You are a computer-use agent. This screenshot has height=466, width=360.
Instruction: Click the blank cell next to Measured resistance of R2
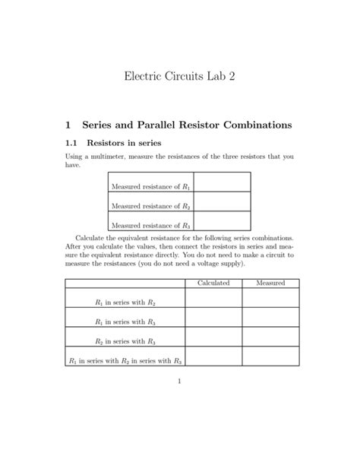coord(222,202)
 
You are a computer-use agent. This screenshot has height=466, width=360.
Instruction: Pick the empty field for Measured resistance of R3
coord(222,222)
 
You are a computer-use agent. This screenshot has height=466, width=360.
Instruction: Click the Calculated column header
coord(213,283)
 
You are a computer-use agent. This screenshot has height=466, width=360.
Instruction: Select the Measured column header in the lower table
coord(271,283)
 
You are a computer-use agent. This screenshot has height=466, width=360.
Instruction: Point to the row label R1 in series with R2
coord(125,303)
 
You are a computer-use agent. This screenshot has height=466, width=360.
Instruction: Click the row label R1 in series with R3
coord(125,322)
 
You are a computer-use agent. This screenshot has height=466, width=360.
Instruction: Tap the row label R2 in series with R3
coord(125,341)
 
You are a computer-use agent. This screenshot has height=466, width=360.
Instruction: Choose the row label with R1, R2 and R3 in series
coord(125,361)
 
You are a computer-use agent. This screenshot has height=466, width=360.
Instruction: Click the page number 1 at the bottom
coord(179,403)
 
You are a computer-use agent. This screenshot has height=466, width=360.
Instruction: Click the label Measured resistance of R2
coord(150,205)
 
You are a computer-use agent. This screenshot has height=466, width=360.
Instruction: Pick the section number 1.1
coord(72,142)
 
